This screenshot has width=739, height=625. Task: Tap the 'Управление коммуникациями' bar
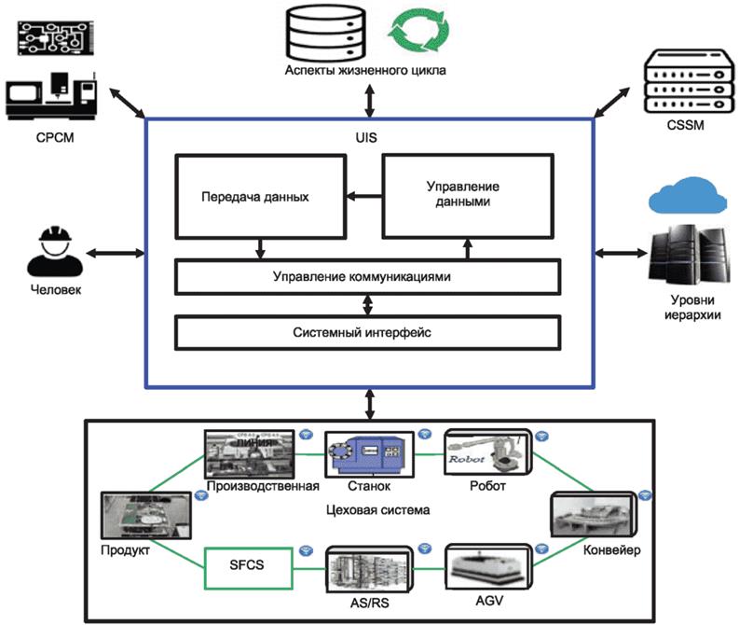click(x=367, y=276)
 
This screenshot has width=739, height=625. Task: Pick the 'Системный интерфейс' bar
click(x=367, y=331)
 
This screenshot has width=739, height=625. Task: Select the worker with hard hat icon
click(x=55, y=251)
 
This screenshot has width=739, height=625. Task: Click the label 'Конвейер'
click(x=610, y=549)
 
